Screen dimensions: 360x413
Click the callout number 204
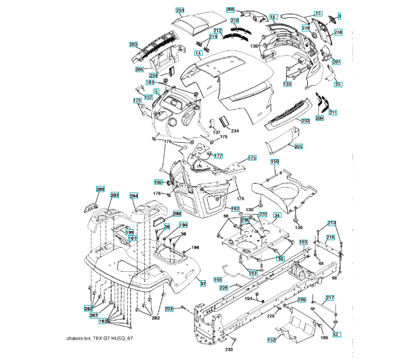(x=180, y=10)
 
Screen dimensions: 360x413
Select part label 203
(x=134, y=44)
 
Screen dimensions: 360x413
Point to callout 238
(x=339, y=32)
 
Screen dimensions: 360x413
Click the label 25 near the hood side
(x=338, y=84)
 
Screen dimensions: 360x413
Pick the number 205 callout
(x=299, y=146)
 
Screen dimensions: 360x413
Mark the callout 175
(x=252, y=158)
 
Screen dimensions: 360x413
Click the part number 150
(x=275, y=162)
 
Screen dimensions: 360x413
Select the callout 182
(x=235, y=208)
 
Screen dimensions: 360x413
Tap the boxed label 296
(x=100, y=189)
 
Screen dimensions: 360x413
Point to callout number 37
(x=203, y=283)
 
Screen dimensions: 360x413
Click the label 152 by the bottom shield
(x=271, y=340)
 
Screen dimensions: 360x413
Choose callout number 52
(x=336, y=334)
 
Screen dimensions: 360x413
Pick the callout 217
(x=330, y=298)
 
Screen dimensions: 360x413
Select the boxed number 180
(x=304, y=242)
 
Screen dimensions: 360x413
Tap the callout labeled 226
(x=223, y=287)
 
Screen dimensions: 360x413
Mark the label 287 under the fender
(x=94, y=315)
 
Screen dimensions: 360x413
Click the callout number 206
(x=139, y=70)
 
